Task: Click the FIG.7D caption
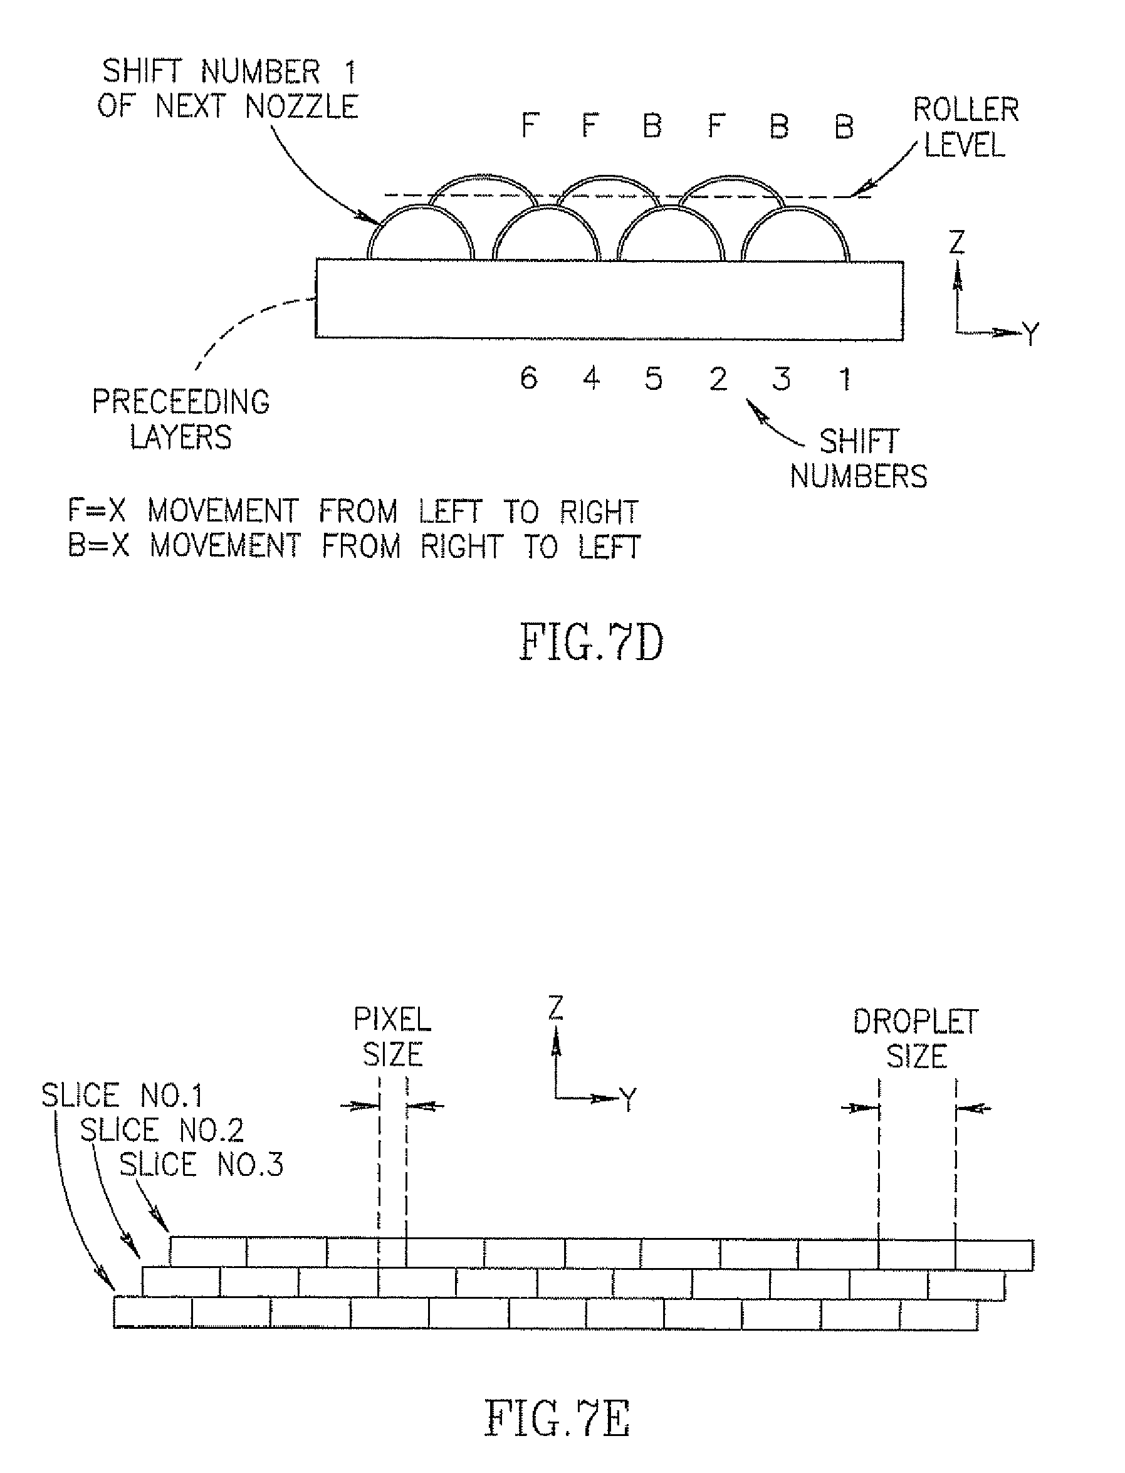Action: pos(591,642)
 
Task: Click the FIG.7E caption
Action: pos(557,1418)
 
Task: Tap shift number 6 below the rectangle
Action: pos(529,379)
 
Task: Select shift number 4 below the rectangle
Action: pos(591,379)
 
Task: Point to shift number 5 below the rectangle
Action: pos(654,379)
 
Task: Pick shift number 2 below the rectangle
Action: pos(718,380)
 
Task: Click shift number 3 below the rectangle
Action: pos(781,380)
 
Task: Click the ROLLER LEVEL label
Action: pos(966,128)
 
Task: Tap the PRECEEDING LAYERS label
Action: pos(181,419)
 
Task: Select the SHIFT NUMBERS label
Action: pos(859,459)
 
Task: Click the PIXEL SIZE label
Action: pos(392,1037)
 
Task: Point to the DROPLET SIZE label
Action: pos(916,1039)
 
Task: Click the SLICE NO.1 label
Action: pos(122,1096)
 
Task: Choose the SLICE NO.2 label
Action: pos(161,1130)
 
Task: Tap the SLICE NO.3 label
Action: pos(201,1165)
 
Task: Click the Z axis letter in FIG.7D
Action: pos(958,243)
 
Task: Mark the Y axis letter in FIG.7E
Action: pos(628,1099)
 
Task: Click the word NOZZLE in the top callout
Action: pos(301,107)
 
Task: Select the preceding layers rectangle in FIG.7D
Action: pos(609,299)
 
